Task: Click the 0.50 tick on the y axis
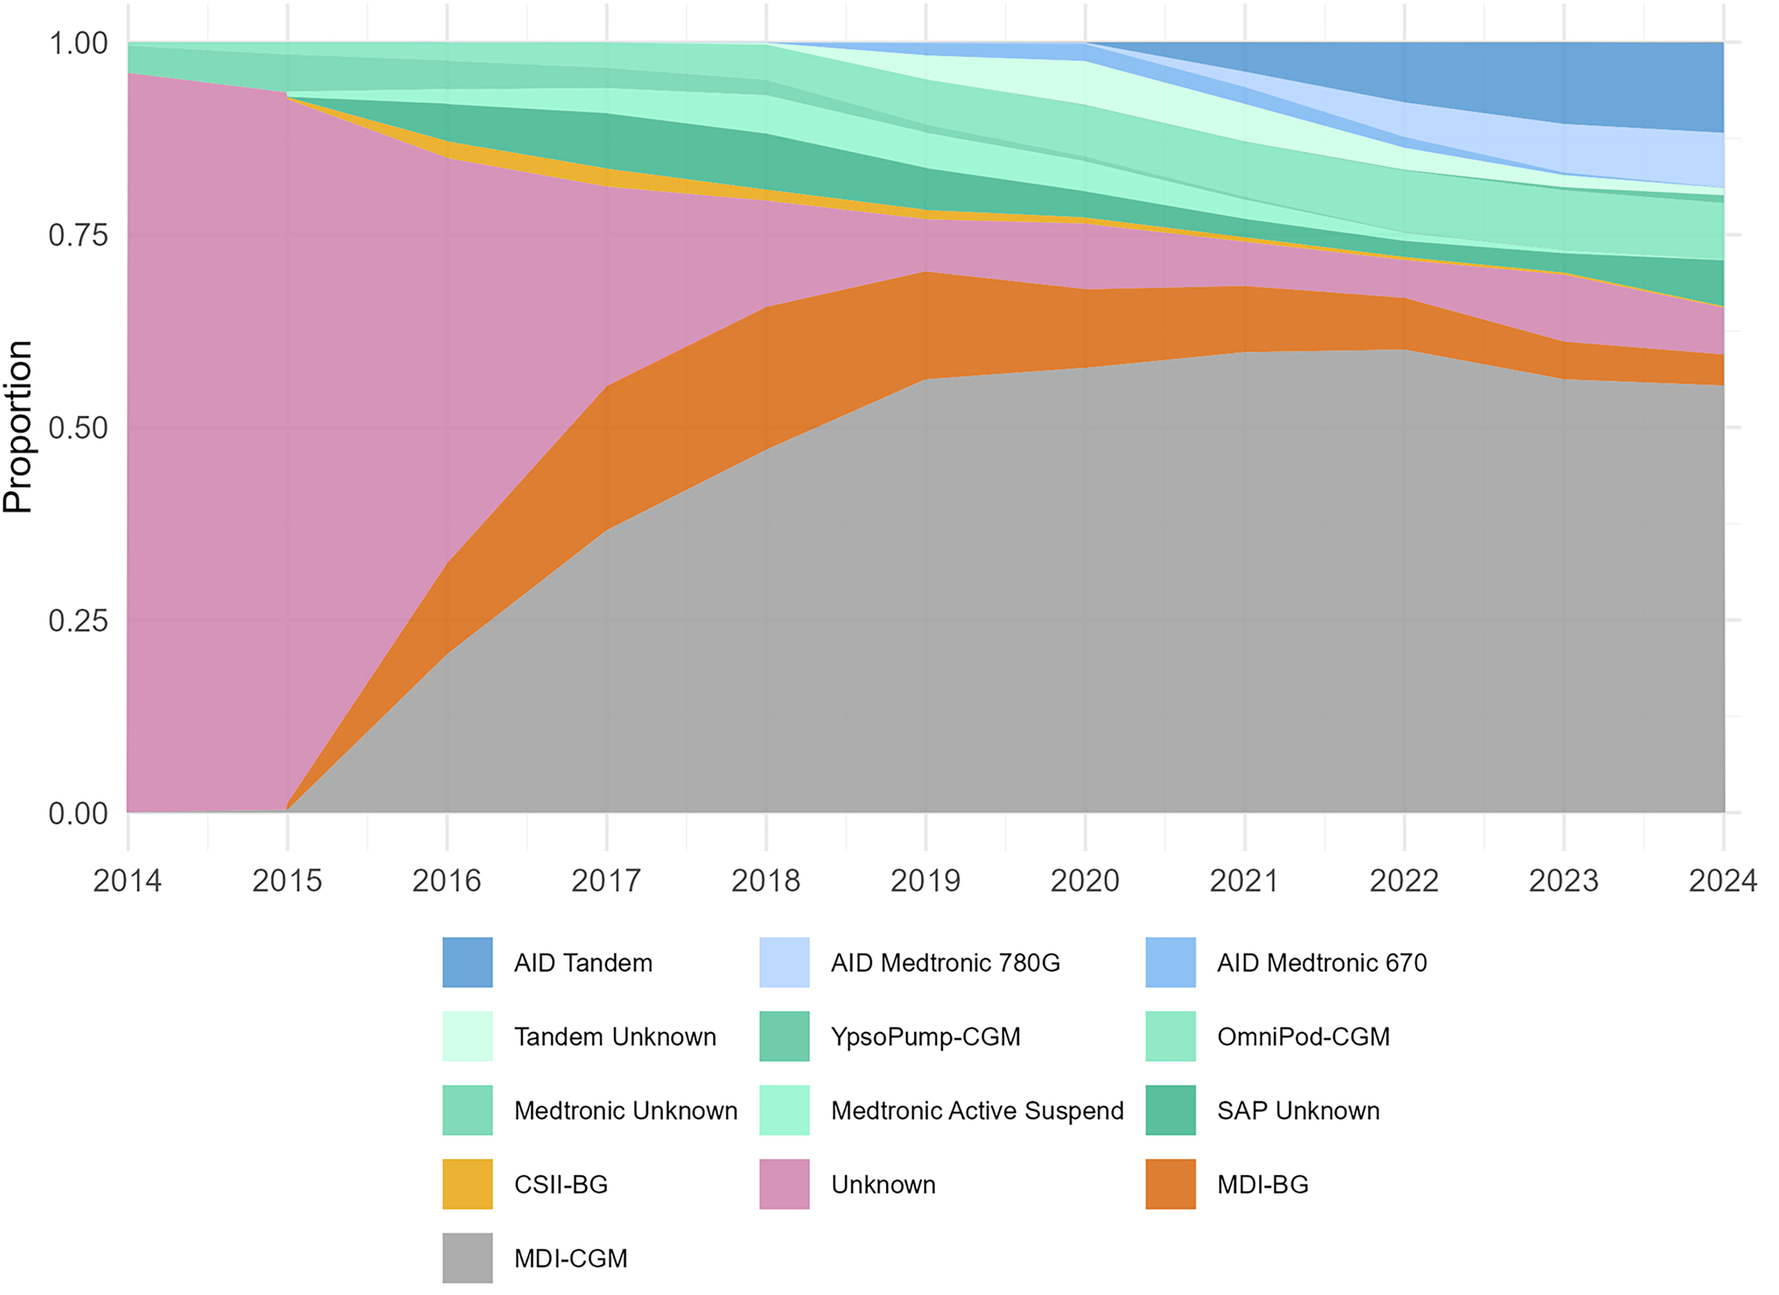pos(78,429)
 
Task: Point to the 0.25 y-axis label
pos(78,621)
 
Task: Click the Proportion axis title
pos(17,427)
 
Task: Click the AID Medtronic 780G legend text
pos(945,963)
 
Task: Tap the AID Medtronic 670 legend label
pos(1322,963)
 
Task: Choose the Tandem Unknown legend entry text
pos(615,1037)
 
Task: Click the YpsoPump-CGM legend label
pos(926,1037)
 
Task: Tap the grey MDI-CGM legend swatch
pos(468,1258)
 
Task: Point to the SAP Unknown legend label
pos(1298,1110)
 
